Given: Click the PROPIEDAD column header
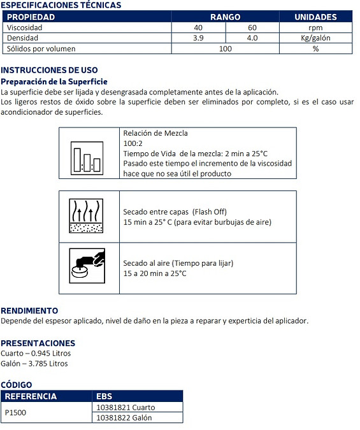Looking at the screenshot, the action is click(x=31, y=17).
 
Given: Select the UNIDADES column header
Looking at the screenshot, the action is click(x=315, y=17).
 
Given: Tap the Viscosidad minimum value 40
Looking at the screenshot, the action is click(x=198, y=27).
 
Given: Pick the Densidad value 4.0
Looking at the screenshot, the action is click(x=252, y=38).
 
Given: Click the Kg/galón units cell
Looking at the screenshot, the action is click(x=315, y=38).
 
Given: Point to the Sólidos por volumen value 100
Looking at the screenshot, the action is click(x=226, y=49).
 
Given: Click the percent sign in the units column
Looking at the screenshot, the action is click(x=315, y=49).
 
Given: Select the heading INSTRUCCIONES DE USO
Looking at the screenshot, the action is click(x=49, y=70).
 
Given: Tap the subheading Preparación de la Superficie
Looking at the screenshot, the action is click(x=54, y=82).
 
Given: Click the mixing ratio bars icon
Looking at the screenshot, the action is click(x=87, y=158).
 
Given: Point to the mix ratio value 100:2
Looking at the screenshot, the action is click(x=133, y=143).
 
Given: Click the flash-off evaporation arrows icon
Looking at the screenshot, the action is click(x=86, y=216).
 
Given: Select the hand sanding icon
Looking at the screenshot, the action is click(x=87, y=266).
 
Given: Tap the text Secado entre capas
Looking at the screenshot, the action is click(x=156, y=212).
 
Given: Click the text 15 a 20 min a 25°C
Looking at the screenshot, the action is click(x=155, y=273).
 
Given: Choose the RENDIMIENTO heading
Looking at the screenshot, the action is click(x=29, y=311).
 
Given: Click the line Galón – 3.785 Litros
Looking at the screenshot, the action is click(x=34, y=364).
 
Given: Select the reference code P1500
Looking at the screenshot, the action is click(x=15, y=412).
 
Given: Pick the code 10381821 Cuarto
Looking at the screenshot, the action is click(x=126, y=408).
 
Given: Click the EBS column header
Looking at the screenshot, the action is click(x=104, y=396).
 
